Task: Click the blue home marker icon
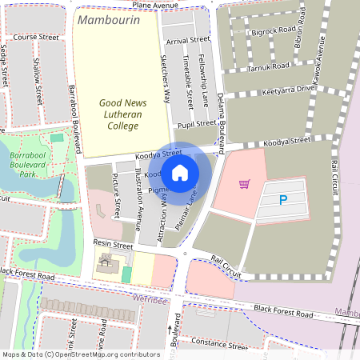180,171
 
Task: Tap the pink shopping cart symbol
244,184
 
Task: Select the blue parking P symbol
282,200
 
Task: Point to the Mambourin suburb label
108,19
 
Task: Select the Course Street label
37,38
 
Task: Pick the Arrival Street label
188,39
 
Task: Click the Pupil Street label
195,124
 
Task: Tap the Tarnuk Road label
267,68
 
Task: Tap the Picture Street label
117,197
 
